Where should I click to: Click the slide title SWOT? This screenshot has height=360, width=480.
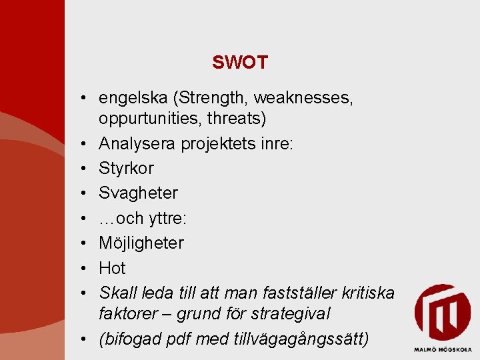pyautogui.click(x=240, y=63)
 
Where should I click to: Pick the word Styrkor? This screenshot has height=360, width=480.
pyautogui.click(x=126, y=168)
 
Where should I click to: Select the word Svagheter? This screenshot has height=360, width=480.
pyautogui.click(x=138, y=193)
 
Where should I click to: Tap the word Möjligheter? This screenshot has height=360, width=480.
pyautogui.click(x=141, y=243)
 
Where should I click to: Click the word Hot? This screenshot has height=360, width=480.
pyautogui.click(x=112, y=268)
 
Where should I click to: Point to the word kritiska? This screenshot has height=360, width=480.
pyautogui.click(x=369, y=293)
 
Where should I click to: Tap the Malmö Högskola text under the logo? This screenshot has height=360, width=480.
pyautogui.click(x=442, y=349)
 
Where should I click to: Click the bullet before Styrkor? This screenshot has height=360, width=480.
pyautogui.click(x=87, y=169)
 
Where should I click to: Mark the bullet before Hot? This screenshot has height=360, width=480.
pyautogui.click(x=87, y=268)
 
